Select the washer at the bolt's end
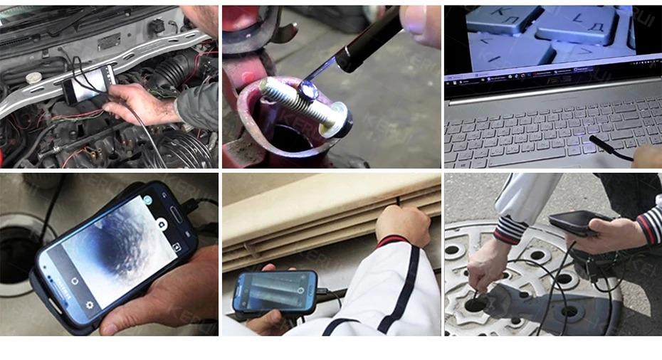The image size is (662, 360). [339, 119]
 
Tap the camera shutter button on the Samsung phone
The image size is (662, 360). [162, 223]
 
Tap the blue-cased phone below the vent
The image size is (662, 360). [274, 291]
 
